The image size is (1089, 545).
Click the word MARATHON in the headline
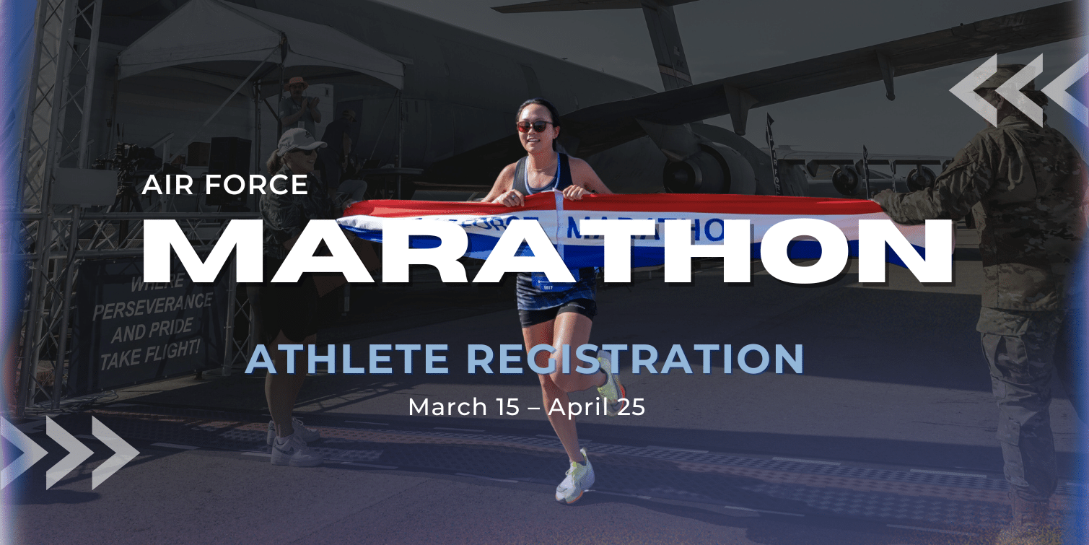[548, 249]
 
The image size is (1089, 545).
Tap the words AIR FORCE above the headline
[225, 185]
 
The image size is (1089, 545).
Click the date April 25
[596, 406]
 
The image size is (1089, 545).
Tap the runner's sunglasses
[535, 126]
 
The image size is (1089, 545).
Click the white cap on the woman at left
[299, 138]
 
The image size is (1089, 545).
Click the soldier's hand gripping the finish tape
[884, 199]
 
